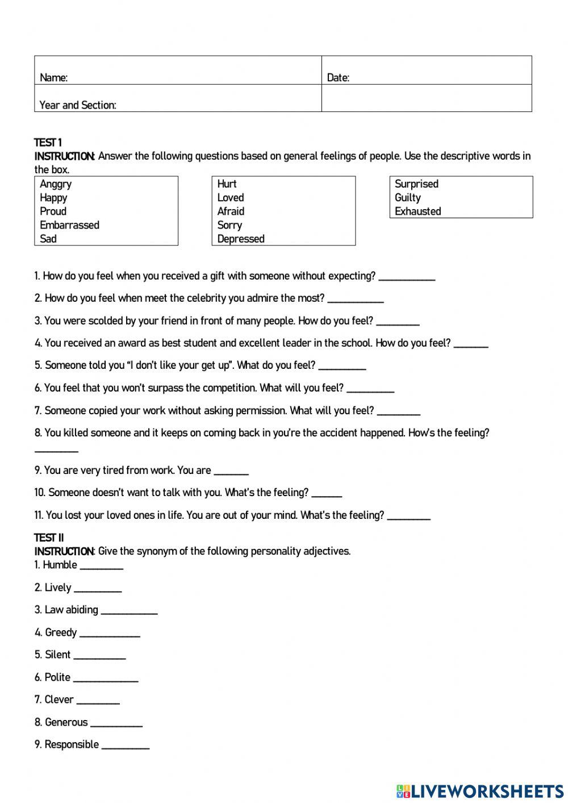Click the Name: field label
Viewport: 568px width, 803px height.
(x=53, y=78)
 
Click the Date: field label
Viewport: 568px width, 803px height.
(x=338, y=78)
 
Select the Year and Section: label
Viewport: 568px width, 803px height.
(x=78, y=105)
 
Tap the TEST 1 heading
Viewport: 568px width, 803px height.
(x=48, y=143)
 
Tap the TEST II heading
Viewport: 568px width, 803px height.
(x=49, y=538)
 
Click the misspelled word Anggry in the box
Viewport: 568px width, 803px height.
(x=56, y=184)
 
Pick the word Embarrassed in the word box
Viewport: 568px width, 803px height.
(x=69, y=225)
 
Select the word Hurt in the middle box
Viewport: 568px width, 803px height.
(x=227, y=184)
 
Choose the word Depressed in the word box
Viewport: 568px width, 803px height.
(x=241, y=239)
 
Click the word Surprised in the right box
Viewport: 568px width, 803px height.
(x=416, y=184)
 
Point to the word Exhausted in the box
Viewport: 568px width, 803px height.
(x=417, y=211)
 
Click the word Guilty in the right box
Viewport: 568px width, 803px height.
(x=408, y=198)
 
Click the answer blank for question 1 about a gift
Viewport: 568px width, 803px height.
(x=407, y=278)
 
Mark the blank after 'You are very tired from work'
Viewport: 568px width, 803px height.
(x=231, y=472)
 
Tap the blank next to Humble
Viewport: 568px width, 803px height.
(x=102, y=567)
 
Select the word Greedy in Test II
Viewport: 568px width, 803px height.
(x=61, y=633)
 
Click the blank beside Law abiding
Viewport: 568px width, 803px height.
(x=129, y=611)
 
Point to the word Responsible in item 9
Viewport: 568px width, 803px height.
(x=72, y=744)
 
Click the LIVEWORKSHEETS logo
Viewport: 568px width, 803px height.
(x=480, y=791)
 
